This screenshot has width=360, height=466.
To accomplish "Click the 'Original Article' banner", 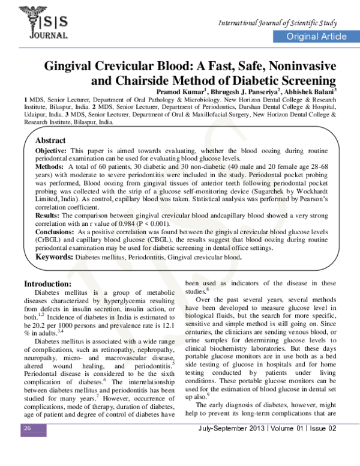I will [316, 37].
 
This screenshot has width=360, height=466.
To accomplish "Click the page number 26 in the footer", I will [27, 444].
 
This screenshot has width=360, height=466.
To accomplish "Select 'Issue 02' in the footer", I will [319, 445].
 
